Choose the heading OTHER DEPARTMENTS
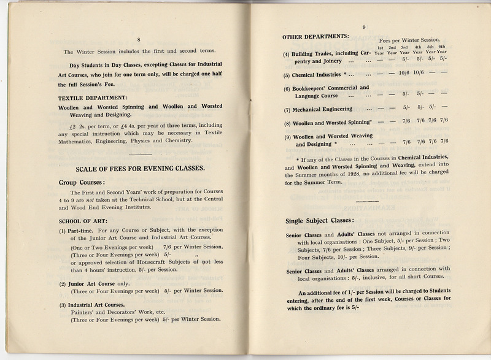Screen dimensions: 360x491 click(x=315, y=36)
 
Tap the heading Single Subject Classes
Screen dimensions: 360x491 click(x=320, y=221)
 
